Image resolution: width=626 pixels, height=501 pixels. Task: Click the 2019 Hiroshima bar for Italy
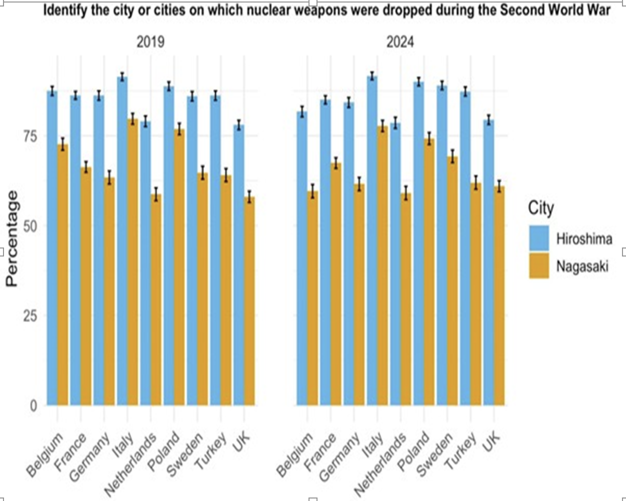[122, 240]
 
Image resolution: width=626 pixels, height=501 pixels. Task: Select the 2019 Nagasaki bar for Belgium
[63, 275]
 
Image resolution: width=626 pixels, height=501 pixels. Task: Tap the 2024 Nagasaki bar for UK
[499, 295]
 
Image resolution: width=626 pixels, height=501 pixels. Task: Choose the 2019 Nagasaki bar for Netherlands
[156, 300]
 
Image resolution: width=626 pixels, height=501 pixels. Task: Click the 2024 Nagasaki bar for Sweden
[452, 280]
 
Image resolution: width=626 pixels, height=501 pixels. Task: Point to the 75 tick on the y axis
[31, 136]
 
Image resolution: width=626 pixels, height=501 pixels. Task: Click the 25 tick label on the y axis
[31, 315]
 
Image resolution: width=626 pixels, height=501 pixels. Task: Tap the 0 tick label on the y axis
[33, 405]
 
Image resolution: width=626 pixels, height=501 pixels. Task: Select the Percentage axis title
[12, 239]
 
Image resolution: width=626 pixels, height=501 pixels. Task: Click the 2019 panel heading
[150, 42]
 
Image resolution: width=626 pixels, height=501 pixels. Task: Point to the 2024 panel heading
[400, 42]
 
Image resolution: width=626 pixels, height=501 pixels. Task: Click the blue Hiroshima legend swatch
[539, 238]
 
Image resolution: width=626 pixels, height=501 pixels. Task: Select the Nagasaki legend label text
[582, 266]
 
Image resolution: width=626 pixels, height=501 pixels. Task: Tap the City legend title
[540, 208]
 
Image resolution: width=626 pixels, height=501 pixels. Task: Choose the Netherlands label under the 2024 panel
[381, 465]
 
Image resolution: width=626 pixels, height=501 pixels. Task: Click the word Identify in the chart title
[64, 10]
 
